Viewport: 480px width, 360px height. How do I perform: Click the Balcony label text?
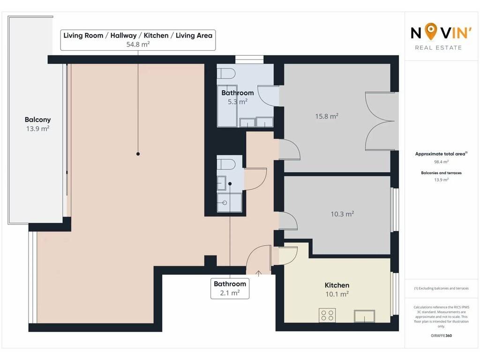click(x=37, y=120)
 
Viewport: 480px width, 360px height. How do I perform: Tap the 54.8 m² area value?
click(x=138, y=45)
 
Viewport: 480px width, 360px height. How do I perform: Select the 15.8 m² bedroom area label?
click(x=327, y=116)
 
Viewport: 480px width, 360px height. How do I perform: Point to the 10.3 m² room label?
click(x=342, y=214)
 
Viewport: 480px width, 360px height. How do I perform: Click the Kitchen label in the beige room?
click(x=337, y=285)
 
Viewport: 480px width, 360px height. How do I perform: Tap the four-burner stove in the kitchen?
click(x=327, y=315)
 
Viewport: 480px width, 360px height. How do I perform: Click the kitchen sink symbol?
click(x=364, y=316)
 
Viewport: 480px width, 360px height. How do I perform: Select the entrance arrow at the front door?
click(x=259, y=273)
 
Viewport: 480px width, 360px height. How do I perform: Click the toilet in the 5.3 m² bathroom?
click(x=226, y=74)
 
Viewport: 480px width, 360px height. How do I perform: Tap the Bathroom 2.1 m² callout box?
click(x=230, y=288)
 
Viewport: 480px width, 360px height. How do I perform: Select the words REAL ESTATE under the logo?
click(x=438, y=48)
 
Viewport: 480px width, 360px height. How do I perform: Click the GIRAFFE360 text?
click(x=441, y=336)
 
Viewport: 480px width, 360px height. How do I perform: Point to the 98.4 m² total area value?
click(x=441, y=162)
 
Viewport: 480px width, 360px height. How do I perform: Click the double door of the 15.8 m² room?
click(x=381, y=121)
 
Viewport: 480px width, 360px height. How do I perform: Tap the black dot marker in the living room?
click(x=138, y=154)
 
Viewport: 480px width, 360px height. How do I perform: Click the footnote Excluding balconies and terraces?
click(x=441, y=288)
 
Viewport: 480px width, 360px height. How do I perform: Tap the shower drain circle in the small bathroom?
click(x=225, y=202)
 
